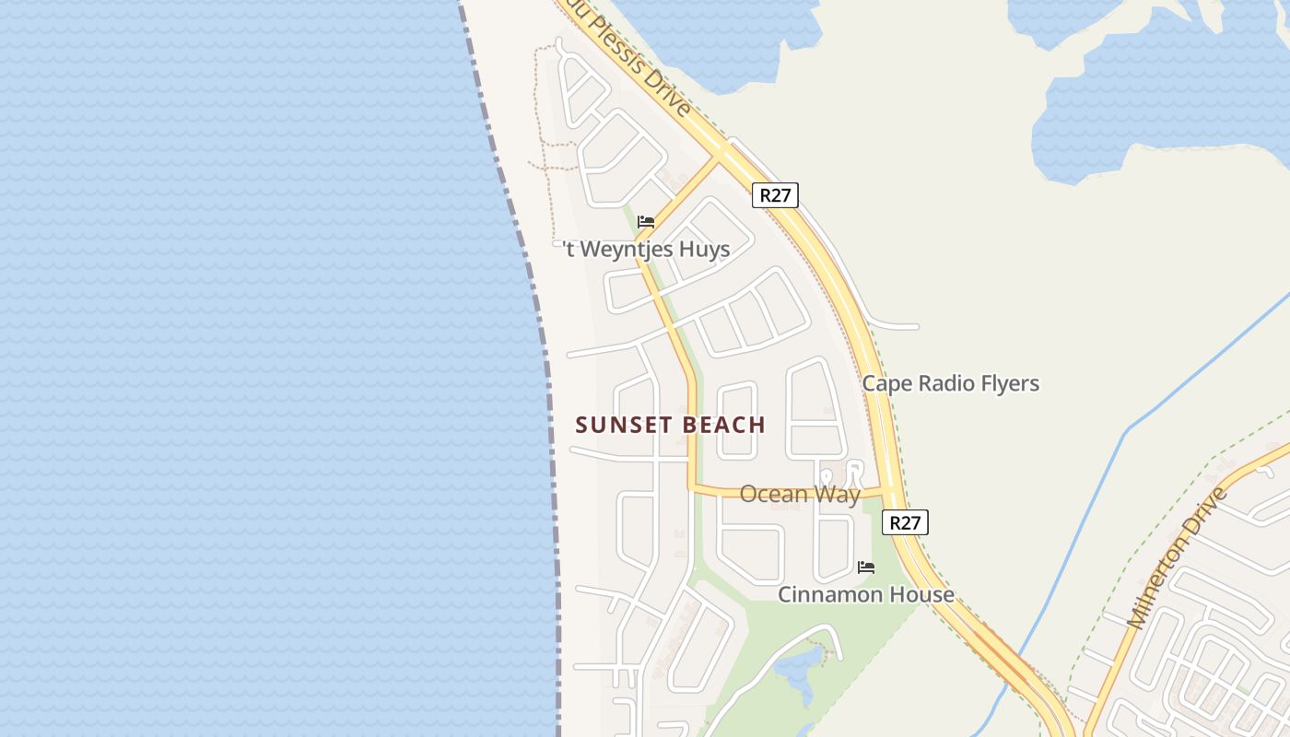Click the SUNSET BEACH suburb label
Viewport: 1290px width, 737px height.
pos(671,425)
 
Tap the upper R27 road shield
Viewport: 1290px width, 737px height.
pos(775,194)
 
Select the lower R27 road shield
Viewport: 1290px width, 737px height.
pos(905,522)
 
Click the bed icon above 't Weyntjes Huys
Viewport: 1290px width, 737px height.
pos(646,221)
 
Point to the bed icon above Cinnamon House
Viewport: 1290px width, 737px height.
pos(866,567)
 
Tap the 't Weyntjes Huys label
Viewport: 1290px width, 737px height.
pos(647,249)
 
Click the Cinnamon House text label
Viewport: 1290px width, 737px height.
pos(865,594)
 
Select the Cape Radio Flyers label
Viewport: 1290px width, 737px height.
pos(950,383)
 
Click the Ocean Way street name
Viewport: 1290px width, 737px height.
pos(800,495)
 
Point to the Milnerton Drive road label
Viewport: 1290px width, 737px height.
pos(1179,558)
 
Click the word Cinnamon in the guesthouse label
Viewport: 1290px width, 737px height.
pos(824,594)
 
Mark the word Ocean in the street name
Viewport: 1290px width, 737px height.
pos(772,495)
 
